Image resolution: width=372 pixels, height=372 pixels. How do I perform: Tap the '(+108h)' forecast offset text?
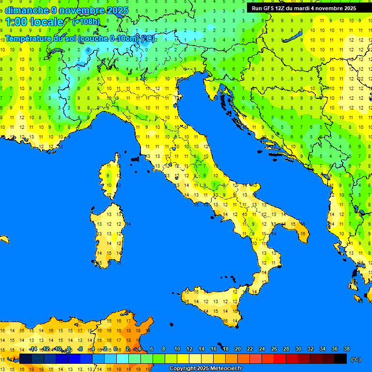[86, 22]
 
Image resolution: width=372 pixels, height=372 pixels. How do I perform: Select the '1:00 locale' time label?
[34, 22]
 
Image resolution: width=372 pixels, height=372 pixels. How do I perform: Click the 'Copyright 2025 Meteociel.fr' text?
[205, 369]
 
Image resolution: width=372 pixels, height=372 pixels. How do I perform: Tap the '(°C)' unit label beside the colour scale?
[356, 359]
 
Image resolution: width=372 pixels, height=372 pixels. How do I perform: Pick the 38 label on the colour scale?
[347, 349]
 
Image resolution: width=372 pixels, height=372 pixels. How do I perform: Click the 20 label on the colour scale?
[238, 349]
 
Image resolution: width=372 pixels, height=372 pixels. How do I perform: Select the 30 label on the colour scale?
[298, 349]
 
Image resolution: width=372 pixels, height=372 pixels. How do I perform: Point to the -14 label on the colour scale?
[33, 349]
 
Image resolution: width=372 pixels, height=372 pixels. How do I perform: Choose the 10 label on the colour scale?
[177, 349]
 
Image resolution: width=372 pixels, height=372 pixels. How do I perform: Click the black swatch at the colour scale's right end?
[341, 359]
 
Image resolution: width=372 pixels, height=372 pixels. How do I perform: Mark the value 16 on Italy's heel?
[303, 234]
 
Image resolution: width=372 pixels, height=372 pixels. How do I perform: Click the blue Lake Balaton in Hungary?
[293, 38]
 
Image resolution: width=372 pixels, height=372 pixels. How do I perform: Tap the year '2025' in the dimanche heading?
[118, 10]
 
